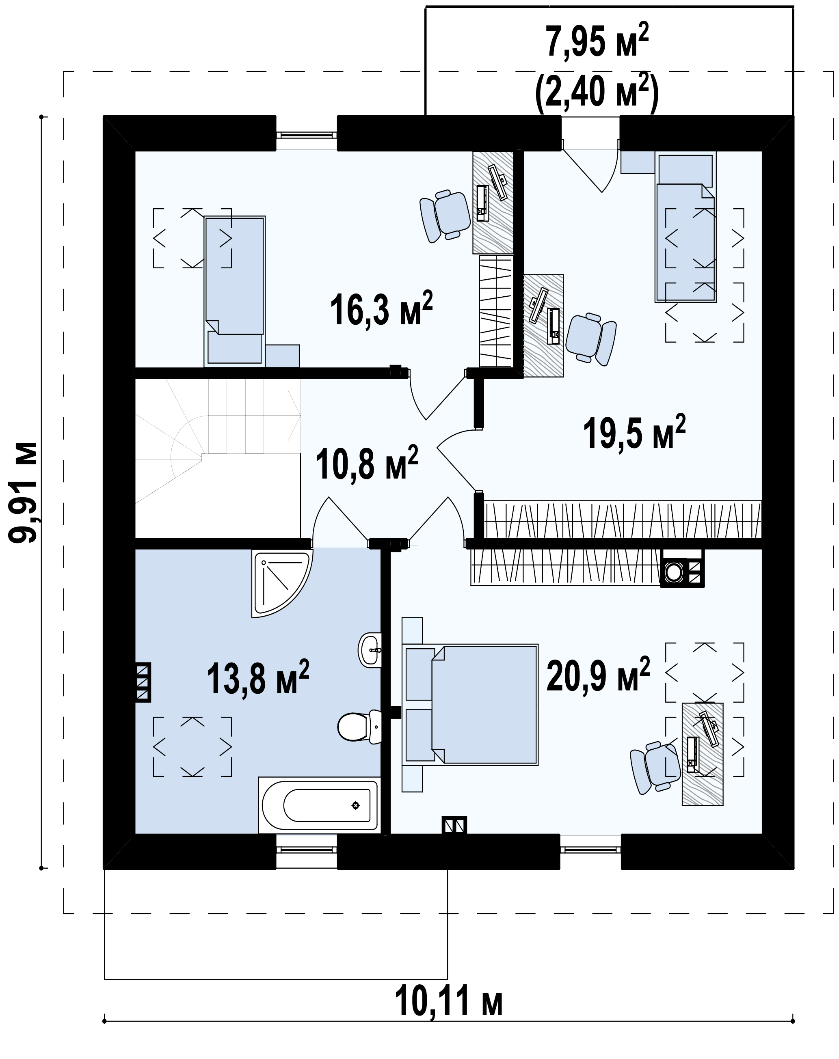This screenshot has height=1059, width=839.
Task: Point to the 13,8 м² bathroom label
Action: click(258, 677)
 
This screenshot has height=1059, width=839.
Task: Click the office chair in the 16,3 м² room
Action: click(446, 216)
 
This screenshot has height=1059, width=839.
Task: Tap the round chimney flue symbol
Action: click(673, 572)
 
